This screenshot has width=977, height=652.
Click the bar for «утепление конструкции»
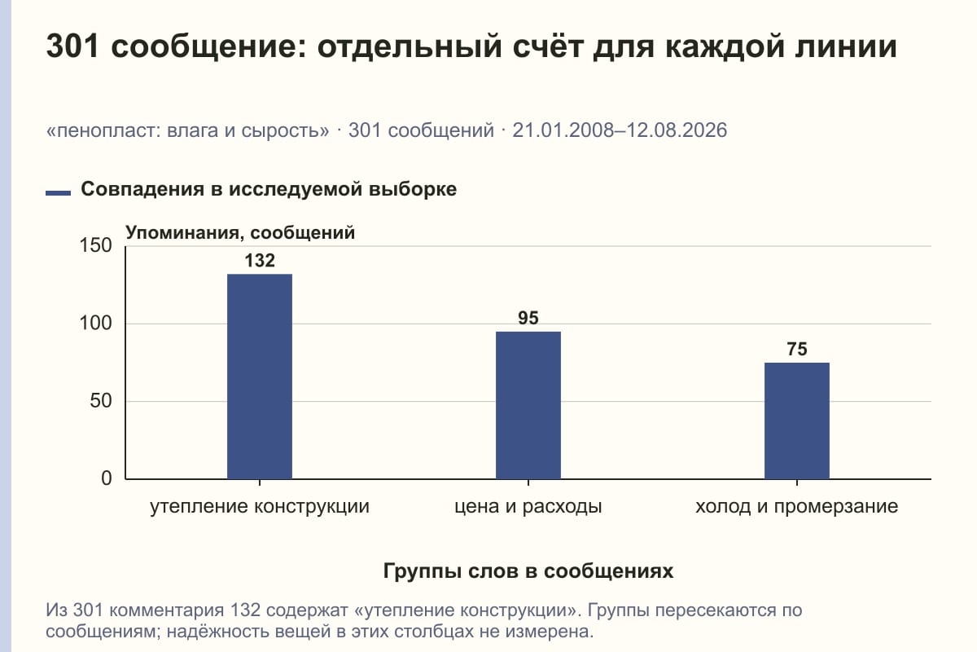point(260,377)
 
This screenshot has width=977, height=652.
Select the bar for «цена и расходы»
point(528,405)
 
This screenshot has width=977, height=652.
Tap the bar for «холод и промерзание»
point(797,421)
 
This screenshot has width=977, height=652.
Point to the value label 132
point(260,261)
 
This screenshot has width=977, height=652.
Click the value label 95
point(528,318)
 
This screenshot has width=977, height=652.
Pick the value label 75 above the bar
point(797,349)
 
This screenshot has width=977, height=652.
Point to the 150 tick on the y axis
point(95,245)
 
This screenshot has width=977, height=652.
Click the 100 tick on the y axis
point(95,324)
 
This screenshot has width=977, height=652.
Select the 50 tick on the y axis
point(101,401)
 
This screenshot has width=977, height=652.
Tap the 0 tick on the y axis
point(107,478)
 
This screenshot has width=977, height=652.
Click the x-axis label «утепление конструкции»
point(260,507)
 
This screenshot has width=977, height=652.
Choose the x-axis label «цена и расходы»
point(528,507)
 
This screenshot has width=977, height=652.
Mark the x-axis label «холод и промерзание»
point(797,507)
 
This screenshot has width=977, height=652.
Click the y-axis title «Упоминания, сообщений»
point(240,233)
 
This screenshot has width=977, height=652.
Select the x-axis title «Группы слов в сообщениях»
point(528,570)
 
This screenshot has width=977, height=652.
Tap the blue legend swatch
point(58,193)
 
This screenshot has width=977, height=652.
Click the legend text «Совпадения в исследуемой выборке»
point(269,189)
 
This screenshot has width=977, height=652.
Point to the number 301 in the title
point(72,46)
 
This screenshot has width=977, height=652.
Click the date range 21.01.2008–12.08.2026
point(620,130)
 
